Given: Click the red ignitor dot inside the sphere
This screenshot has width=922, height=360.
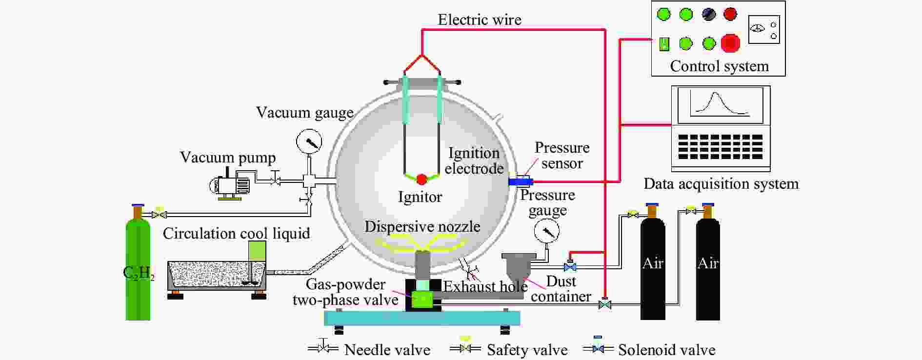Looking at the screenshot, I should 421,180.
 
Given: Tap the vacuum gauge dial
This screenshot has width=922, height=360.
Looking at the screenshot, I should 309,142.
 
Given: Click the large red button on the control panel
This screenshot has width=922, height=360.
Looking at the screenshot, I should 730,43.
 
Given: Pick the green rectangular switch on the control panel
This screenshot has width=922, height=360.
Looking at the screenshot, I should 664,44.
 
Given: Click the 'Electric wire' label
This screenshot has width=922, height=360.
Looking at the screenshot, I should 480,20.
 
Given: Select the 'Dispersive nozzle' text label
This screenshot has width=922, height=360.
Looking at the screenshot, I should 422,226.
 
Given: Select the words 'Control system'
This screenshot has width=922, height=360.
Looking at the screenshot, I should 719,66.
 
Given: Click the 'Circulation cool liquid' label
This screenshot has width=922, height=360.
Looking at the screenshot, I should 236,233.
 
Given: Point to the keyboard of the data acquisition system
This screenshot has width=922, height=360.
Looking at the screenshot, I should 720,147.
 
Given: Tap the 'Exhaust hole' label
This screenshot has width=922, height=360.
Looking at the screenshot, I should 485,286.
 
